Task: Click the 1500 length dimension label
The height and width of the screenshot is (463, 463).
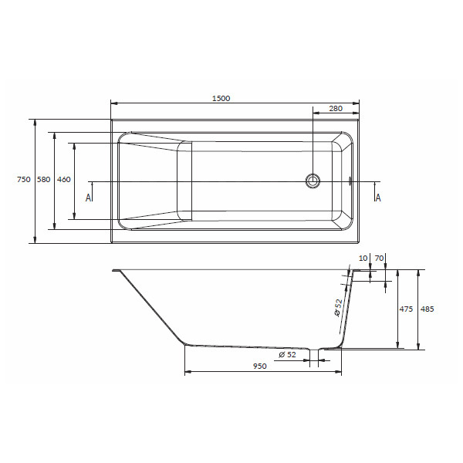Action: (x=221, y=98)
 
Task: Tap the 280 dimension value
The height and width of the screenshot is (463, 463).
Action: (x=336, y=108)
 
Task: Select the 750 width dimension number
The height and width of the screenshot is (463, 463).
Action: (x=24, y=179)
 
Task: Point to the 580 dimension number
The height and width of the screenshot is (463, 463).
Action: (x=44, y=179)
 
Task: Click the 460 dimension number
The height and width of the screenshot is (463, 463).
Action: (x=64, y=179)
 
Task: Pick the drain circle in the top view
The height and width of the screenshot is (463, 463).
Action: (x=313, y=181)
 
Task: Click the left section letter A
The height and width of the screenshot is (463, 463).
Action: (x=88, y=198)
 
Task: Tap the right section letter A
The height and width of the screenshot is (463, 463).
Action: (x=378, y=198)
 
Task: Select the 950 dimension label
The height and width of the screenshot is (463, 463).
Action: (x=259, y=366)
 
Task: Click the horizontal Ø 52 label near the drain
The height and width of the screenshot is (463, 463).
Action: (x=287, y=354)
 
